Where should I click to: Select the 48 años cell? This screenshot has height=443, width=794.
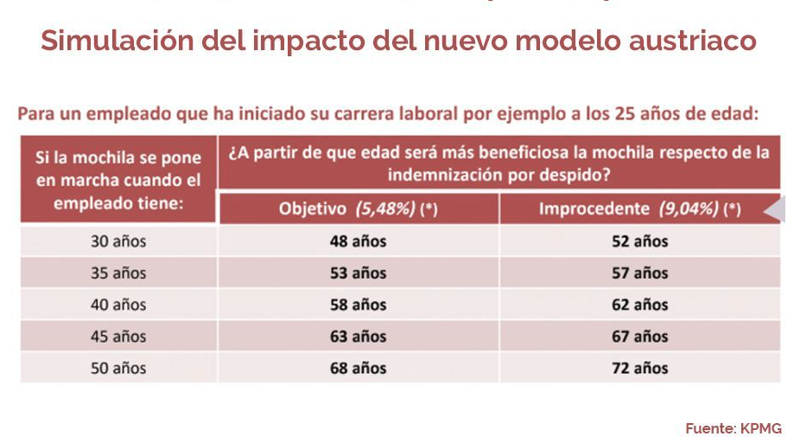tap(358, 241)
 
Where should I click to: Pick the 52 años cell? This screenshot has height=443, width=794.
tap(639, 241)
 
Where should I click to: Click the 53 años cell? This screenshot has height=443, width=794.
tap(358, 273)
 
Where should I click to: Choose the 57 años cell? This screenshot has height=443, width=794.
tap(639, 273)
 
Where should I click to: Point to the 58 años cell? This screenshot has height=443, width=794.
tap(358, 305)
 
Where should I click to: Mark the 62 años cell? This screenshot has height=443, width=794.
tap(639, 305)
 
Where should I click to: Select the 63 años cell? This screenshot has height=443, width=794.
tap(358, 337)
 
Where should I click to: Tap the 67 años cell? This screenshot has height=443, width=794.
tap(639, 337)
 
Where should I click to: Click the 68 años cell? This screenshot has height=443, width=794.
tap(358, 368)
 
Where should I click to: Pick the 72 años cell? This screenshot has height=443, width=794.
tap(639, 368)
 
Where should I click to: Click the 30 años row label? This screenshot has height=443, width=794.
tap(118, 241)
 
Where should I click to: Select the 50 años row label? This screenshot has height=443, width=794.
tap(118, 368)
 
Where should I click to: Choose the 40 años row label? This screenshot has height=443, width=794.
tap(118, 305)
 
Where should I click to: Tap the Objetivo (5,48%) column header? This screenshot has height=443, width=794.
tap(358, 209)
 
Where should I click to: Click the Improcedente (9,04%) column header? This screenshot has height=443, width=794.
tap(639, 209)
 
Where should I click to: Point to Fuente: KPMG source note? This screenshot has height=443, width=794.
tap(734, 428)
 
